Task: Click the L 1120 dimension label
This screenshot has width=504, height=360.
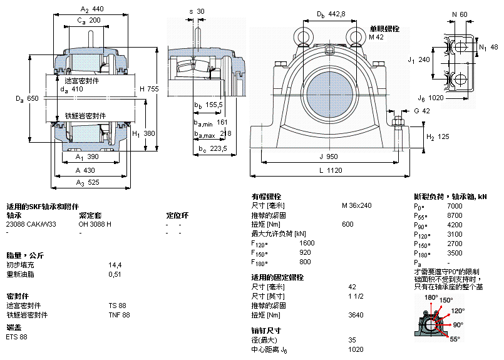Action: tap(329, 170)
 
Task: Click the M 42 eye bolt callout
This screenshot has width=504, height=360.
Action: tap(376, 38)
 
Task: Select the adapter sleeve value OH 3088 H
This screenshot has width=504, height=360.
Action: tap(95, 224)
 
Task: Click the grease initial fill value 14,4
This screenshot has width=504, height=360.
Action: tap(115, 265)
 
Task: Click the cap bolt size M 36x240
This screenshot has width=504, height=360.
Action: tap(357, 205)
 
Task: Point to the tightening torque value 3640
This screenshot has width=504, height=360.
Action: tap(356, 315)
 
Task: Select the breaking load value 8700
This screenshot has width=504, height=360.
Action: tap(455, 215)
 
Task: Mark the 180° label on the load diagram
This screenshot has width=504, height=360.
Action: tap(431, 297)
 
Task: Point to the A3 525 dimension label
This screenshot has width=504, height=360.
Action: tap(88, 182)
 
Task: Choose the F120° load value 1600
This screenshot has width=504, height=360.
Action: tap(307, 243)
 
